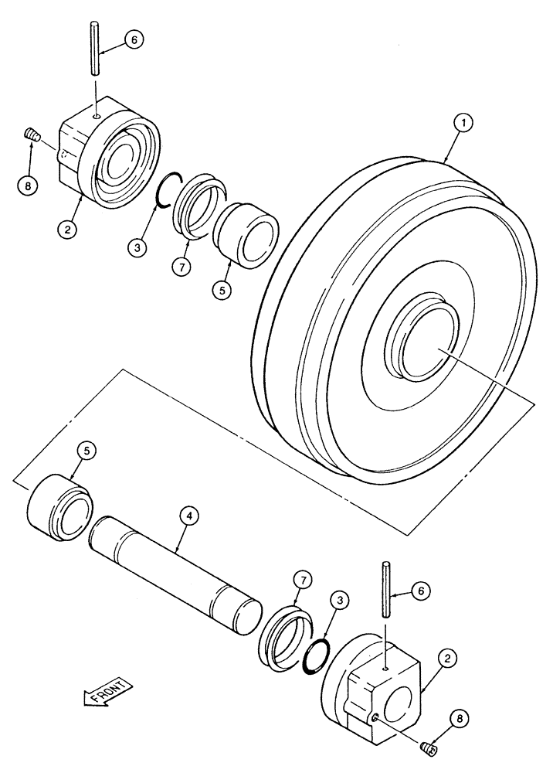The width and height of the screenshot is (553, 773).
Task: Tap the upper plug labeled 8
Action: [32, 136]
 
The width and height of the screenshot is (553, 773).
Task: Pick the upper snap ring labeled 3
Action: [166, 189]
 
